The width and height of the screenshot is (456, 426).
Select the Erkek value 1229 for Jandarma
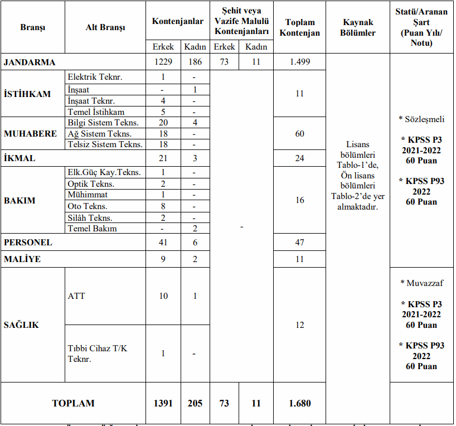click(163, 62)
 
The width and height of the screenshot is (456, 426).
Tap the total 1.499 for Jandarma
click(300, 62)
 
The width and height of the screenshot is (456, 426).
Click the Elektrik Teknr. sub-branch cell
click(95, 77)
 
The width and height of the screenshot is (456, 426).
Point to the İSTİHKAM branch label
click(27, 94)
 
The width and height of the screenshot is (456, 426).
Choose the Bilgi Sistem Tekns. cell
click(103, 123)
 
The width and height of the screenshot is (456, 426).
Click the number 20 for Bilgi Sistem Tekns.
click(163, 123)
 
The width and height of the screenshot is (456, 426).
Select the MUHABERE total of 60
click(300, 134)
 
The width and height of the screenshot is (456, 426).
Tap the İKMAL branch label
click(20, 158)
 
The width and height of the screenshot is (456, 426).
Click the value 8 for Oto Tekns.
click(163, 206)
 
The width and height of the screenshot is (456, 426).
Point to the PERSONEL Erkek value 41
click(163, 243)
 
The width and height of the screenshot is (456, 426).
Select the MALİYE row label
click(22, 259)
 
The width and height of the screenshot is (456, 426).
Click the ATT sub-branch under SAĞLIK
click(76, 296)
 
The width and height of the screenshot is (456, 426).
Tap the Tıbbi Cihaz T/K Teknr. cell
click(98, 354)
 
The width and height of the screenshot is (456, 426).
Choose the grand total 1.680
click(300, 403)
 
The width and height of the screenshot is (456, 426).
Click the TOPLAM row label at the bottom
click(73, 403)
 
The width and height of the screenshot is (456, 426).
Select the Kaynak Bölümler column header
click(358, 27)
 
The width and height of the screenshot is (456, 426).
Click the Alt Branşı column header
click(105, 27)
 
